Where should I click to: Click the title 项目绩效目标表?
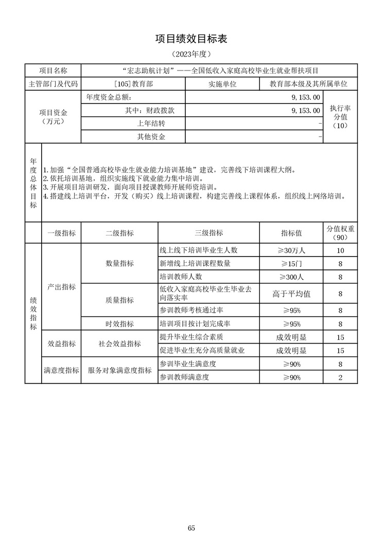[191, 39]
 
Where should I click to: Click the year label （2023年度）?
[191, 54]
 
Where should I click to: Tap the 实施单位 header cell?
[222, 83]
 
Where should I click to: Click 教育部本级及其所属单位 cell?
[308, 83]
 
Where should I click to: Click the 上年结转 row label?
[151, 124]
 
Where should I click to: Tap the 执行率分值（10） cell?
[340, 117]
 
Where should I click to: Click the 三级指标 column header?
[208, 233]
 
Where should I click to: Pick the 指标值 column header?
[291, 233]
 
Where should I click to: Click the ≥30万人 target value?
[291, 250]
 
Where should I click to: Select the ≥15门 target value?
[291, 264]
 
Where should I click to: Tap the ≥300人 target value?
[291, 277]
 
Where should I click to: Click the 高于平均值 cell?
[291, 294]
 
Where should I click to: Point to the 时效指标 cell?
[119, 324]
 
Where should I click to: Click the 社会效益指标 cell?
[119, 344]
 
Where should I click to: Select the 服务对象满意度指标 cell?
[119, 370]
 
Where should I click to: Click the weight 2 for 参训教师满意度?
[340, 378]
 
